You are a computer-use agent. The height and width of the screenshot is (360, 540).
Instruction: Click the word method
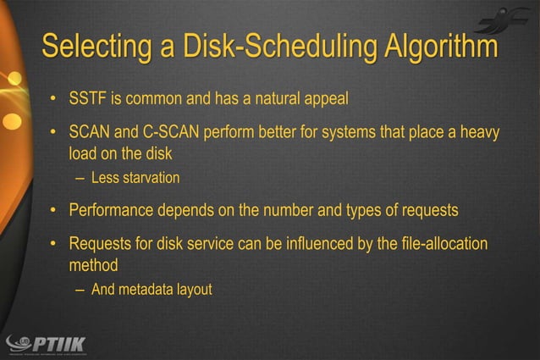point(92,265)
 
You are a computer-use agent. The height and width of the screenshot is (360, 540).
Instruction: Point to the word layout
point(194,290)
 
